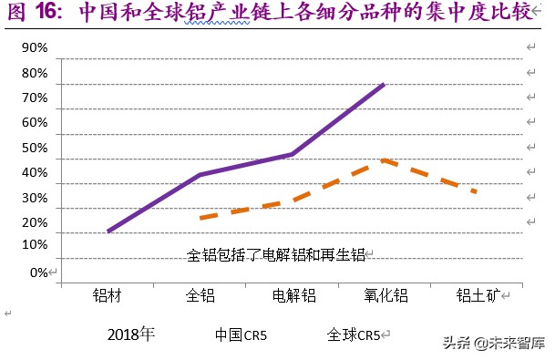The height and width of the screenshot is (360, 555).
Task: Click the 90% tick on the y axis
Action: (35, 48)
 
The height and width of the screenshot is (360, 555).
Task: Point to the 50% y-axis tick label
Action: (35, 148)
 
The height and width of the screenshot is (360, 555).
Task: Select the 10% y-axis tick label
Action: (35, 244)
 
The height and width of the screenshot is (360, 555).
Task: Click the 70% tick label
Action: (35, 98)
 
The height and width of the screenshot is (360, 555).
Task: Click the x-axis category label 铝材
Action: (107, 295)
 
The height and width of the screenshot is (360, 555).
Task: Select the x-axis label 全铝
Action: (200, 295)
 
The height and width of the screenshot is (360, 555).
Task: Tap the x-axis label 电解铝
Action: (293, 295)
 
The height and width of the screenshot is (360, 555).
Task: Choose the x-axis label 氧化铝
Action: (386, 295)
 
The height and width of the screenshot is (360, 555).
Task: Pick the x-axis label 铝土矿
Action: (478, 295)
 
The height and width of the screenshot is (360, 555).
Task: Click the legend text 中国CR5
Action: (241, 334)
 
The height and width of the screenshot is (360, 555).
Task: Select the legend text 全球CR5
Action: (353, 334)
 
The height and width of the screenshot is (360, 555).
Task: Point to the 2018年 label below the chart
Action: (131, 334)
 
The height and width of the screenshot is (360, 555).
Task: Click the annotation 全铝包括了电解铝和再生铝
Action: (276, 255)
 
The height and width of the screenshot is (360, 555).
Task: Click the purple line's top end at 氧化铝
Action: (384, 84)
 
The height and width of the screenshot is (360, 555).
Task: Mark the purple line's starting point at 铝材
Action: (108, 231)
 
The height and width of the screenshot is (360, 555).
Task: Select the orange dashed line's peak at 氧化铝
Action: (384, 159)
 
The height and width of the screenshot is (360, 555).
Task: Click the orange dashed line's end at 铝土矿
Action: (476, 191)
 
